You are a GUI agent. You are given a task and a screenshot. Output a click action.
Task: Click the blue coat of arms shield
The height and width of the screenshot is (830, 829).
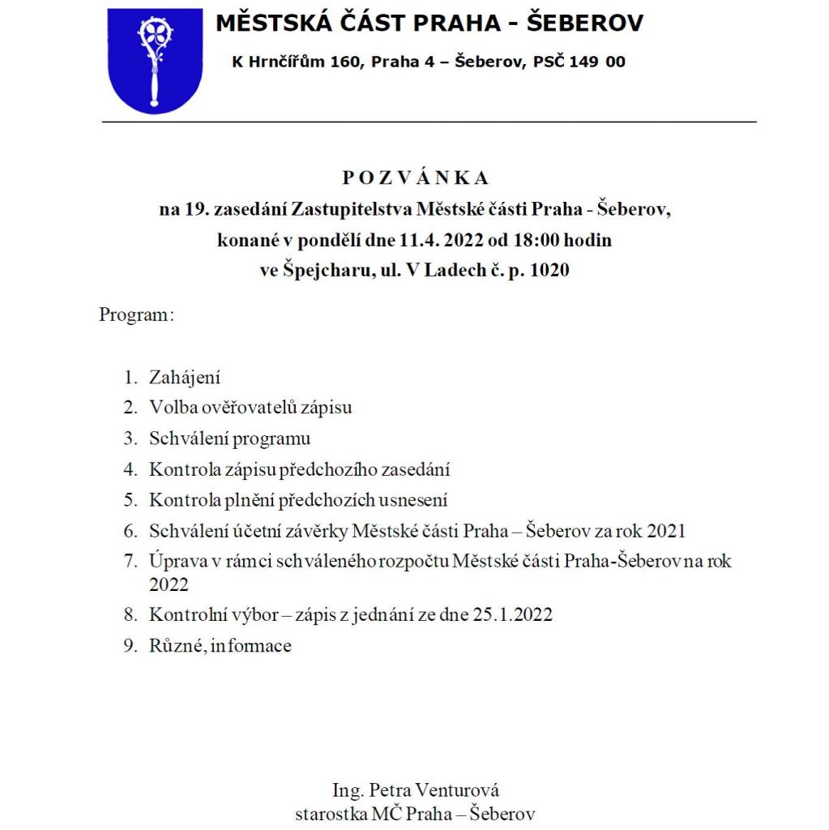(155, 61)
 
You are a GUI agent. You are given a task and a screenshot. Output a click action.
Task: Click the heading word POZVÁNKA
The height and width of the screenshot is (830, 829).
(415, 178)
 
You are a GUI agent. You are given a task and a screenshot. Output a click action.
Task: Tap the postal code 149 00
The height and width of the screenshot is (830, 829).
(598, 62)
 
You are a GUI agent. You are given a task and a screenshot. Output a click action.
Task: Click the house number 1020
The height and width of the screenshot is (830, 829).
(549, 271)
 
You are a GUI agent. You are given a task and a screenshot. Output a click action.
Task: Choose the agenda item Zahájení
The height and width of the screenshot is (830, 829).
(185, 378)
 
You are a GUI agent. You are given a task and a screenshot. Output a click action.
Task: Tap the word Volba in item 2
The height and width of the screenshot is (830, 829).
(169, 408)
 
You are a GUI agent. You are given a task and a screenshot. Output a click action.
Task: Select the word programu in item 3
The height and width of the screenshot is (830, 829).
(271, 439)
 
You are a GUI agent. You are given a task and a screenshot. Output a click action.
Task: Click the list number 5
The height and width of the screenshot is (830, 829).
(130, 500)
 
